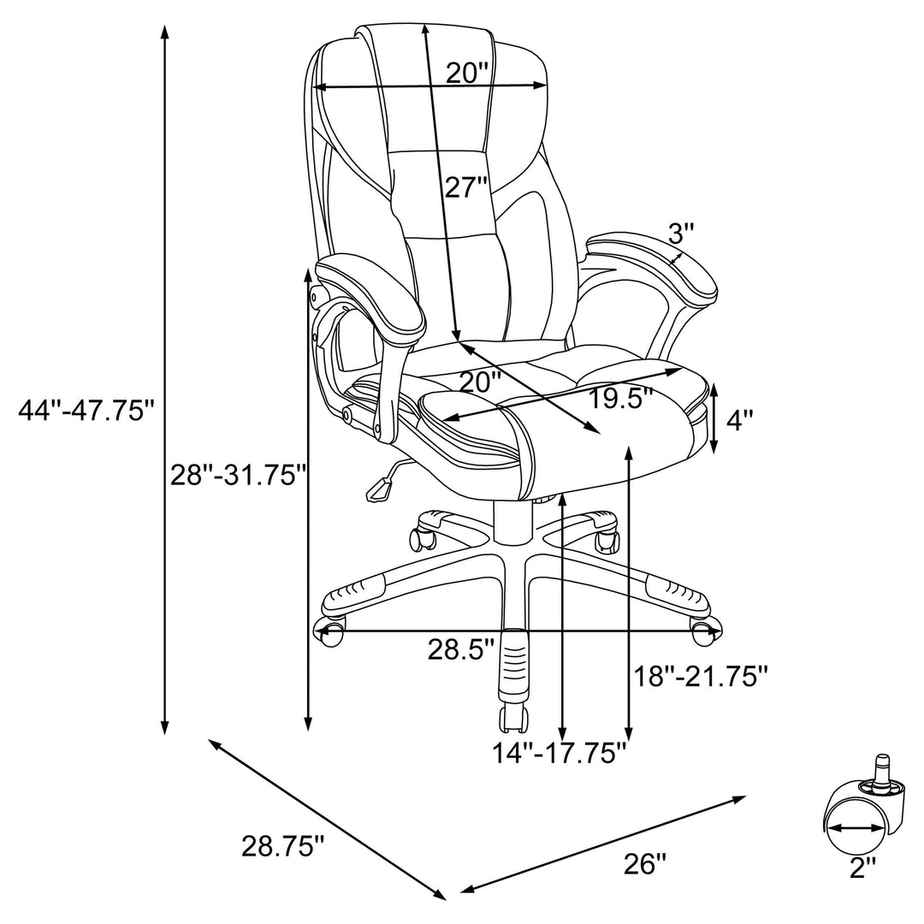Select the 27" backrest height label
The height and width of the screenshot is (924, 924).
[x=466, y=187]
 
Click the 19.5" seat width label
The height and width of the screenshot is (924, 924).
[x=621, y=398]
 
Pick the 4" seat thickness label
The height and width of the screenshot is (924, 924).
[x=740, y=419]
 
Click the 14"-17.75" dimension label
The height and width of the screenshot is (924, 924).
[x=560, y=753]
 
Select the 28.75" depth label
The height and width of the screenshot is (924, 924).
[x=283, y=847]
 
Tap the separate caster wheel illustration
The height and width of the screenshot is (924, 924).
[x=854, y=813]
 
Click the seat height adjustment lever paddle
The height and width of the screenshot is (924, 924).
[x=377, y=489]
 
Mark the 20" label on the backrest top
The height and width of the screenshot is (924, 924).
[x=467, y=74]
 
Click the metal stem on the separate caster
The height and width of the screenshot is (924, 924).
[x=880, y=771]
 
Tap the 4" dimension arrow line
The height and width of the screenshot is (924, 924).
[x=716, y=419]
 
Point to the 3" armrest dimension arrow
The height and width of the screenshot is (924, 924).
[x=676, y=258]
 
